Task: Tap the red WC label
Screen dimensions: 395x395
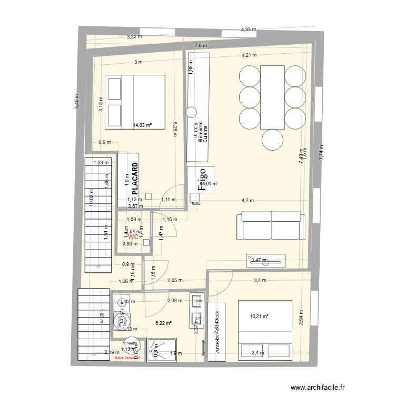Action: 133,238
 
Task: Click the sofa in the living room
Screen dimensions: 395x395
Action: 271,225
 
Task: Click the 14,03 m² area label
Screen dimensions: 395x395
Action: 142,125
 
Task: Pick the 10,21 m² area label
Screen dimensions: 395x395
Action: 259,317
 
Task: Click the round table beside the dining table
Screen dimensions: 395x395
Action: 272,140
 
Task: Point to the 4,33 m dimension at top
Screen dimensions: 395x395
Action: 248,29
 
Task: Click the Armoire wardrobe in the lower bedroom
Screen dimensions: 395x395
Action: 216,331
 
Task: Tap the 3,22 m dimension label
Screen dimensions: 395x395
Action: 135,37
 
